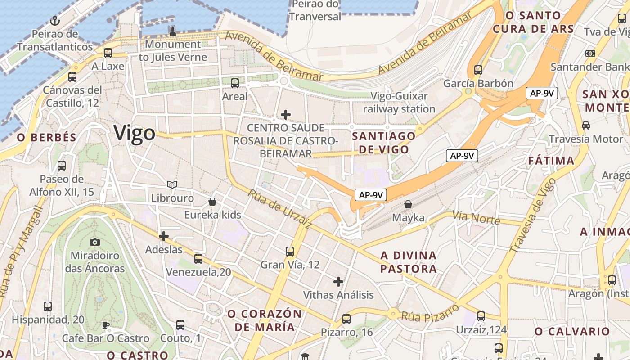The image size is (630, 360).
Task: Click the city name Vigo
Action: (x=134, y=133)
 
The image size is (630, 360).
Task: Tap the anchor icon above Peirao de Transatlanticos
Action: (x=54, y=21)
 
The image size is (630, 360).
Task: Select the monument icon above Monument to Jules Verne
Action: (x=172, y=31)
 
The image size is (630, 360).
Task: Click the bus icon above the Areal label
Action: (x=234, y=83)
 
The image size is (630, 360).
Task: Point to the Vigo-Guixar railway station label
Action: (x=399, y=103)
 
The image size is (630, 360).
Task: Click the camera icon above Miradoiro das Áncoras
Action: (x=94, y=242)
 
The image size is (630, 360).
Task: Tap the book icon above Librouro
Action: (x=172, y=184)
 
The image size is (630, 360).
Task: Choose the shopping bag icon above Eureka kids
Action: (x=212, y=202)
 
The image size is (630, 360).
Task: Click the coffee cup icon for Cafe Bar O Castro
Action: (x=105, y=325)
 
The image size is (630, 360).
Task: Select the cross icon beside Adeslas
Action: (x=164, y=236)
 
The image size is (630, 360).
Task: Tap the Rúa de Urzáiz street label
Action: (x=279, y=210)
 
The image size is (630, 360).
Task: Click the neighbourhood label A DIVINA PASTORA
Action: (x=409, y=262)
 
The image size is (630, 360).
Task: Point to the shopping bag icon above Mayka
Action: (x=408, y=204)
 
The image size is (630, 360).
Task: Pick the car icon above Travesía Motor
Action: (x=586, y=125)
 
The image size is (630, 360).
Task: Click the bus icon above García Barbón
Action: (x=478, y=70)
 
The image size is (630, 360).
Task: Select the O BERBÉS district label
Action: (x=47, y=138)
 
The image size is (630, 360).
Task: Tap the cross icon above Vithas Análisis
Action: (x=338, y=282)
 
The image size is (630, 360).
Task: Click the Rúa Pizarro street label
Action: (x=430, y=312)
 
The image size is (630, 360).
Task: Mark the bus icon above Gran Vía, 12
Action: (x=290, y=251)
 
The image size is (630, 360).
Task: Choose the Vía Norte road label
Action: (x=476, y=218)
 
